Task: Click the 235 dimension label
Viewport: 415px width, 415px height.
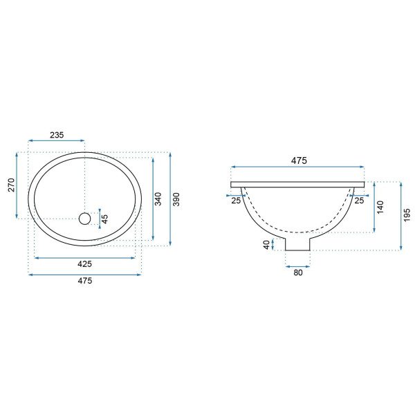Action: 57,135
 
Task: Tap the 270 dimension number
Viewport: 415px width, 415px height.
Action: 11,185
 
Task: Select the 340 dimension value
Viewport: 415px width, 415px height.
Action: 158,199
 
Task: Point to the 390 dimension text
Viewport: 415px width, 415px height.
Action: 176,199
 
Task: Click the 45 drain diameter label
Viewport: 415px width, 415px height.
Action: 105,219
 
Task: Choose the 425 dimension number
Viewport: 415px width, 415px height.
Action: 84,264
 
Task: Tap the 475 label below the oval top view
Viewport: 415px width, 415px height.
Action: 84,281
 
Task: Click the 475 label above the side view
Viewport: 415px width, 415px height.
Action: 299,160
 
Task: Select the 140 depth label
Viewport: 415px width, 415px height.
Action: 380,207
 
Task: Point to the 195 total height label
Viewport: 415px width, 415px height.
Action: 407,215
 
